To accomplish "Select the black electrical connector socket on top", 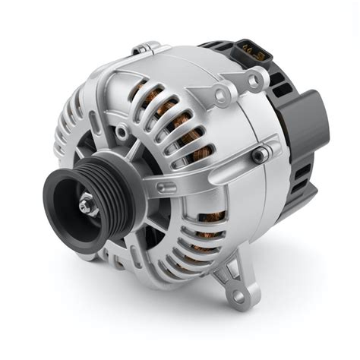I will click(250, 51).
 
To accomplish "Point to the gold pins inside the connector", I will click(251, 47).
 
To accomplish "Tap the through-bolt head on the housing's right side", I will click(260, 155).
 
